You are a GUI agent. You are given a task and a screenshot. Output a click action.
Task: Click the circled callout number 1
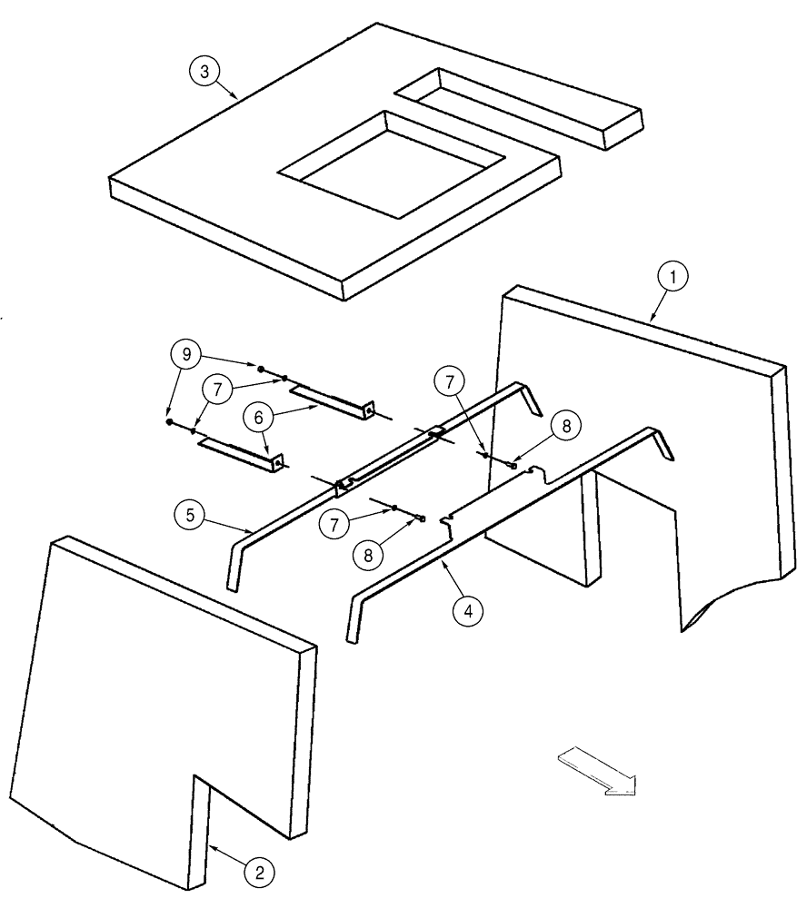673,277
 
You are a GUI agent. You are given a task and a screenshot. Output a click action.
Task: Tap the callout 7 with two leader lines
215,388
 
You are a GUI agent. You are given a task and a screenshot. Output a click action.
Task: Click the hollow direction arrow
597,770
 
